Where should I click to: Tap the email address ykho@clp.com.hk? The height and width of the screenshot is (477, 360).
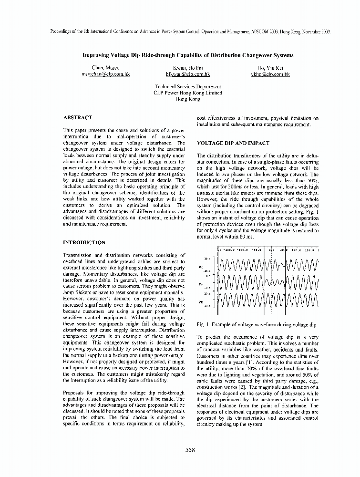pyautogui.click(x=270, y=75)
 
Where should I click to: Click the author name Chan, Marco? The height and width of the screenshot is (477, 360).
pyautogui.click(x=100, y=68)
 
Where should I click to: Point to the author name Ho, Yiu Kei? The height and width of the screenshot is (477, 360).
pyautogui.click(x=270, y=68)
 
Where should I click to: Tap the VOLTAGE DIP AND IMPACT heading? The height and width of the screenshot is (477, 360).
pyautogui.click(x=233, y=144)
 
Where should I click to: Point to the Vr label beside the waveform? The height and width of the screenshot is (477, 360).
pyautogui.click(x=201, y=268)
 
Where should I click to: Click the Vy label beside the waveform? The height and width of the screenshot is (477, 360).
pyautogui.click(x=201, y=285)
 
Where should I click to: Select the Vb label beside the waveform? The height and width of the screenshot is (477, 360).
pyautogui.click(x=201, y=302)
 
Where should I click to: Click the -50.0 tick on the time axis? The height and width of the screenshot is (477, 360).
pyautogui.click(x=257, y=249)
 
